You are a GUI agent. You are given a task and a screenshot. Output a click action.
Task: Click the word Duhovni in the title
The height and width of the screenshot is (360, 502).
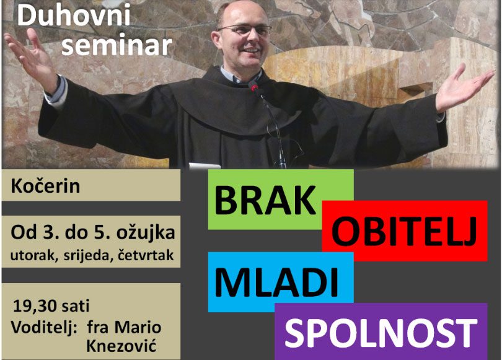(74, 15)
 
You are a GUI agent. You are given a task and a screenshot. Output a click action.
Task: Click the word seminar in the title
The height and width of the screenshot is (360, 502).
(117, 45)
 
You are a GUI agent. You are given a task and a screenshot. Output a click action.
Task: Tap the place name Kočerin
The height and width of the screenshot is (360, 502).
(45, 186)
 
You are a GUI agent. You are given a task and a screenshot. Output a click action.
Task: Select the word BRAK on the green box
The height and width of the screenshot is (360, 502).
(265, 201)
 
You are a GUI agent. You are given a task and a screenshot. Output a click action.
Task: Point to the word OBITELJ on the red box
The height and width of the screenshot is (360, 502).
(404, 232)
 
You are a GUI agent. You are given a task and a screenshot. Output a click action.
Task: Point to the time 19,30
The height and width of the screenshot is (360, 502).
(35, 306)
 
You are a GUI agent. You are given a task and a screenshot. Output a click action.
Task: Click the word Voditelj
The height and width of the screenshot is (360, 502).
(44, 328)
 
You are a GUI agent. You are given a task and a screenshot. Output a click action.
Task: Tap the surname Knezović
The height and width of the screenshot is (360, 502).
(121, 346)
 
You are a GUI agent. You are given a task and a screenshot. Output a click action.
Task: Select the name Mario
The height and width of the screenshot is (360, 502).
(138, 327)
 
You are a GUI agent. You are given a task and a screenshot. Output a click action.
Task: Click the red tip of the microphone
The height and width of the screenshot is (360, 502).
(254, 86)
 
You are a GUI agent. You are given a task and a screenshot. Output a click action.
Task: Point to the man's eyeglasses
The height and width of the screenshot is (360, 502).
(246, 30)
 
